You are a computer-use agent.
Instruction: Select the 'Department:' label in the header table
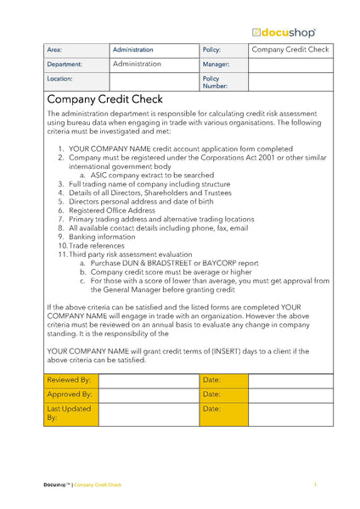[x=65, y=64]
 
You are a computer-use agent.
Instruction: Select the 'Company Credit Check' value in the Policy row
[x=290, y=50]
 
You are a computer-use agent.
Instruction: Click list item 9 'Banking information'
[x=104, y=238]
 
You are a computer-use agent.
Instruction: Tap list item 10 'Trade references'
[x=100, y=247]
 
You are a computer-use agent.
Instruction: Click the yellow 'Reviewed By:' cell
[x=71, y=380]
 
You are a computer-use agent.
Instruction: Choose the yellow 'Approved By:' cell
[x=71, y=394]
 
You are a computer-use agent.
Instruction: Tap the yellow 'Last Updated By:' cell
[x=71, y=413]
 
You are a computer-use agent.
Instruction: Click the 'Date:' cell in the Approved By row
[x=223, y=394]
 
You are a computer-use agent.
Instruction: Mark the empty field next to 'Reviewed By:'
[x=149, y=380]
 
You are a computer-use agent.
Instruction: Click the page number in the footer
[x=315, y=485]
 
